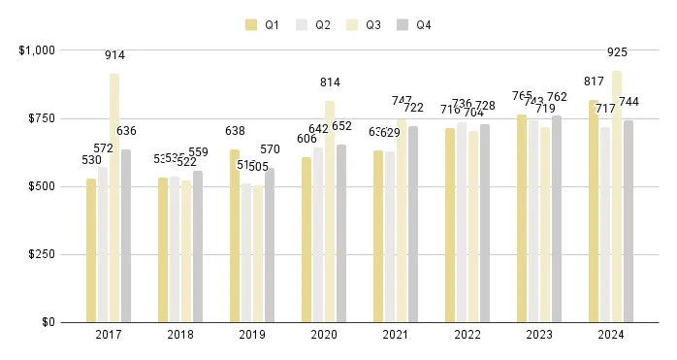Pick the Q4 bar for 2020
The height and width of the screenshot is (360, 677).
[x=341, y=233]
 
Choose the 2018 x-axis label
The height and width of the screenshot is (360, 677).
[x=180, y=335]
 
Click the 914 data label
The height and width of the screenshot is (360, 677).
[x=114, y=56]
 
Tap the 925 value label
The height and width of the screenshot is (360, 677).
[x=617, y=52]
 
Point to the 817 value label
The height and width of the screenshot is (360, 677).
[x=594, y=82]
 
